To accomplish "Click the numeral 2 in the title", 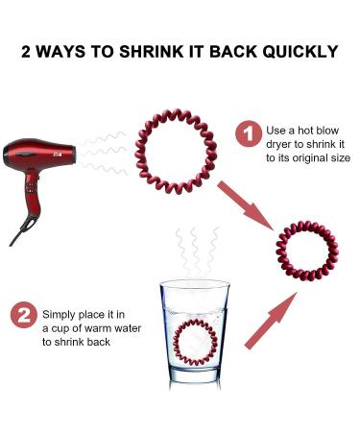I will point(28,50).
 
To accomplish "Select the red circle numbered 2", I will point(23,315).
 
